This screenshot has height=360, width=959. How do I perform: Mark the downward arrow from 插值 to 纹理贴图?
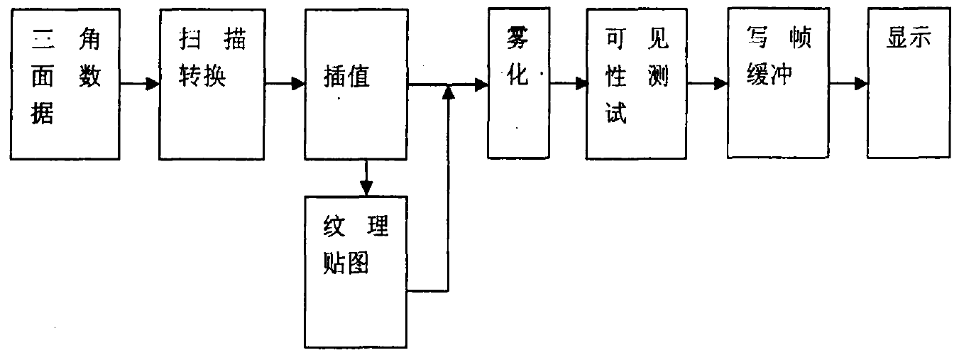point(366,178)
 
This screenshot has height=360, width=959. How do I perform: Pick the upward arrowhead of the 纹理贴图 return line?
point(448,93)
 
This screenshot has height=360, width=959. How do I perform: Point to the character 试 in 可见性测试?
point(615,114)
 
